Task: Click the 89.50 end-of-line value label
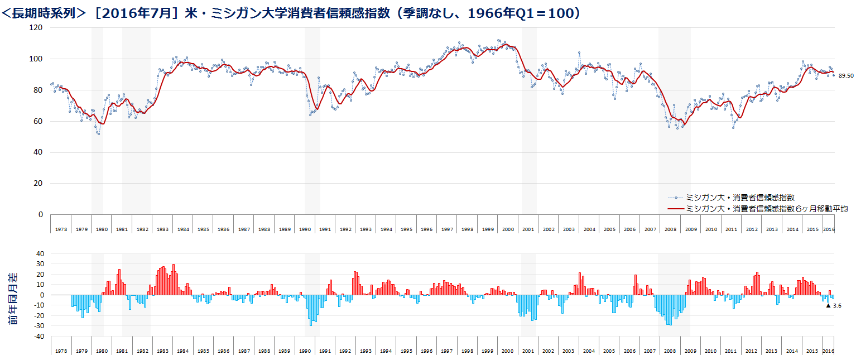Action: pos(846,75)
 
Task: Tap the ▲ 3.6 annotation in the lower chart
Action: pos(833,305)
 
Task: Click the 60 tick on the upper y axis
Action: pos(39,121)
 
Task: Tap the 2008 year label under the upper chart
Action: pos(670,229)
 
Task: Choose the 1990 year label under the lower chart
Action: pos(304,351)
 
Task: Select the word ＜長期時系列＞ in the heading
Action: pos(45,12)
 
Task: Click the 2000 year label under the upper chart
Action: pos(507,229)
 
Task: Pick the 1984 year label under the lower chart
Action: pos(182,351)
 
